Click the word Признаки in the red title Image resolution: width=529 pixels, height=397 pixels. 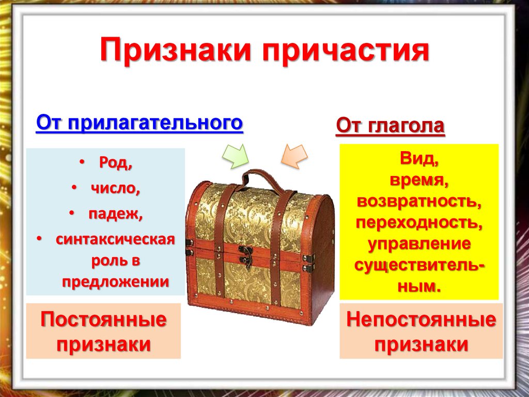pyautogui.click(x=177, y=52)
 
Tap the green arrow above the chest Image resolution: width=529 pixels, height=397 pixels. pyautogui.click(x=236, y=155)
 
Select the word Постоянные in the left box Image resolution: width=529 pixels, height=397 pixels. pyautogui.click(x=104, y=319)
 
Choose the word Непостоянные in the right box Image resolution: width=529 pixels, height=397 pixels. pyautogui.click(x=421, y=319)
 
